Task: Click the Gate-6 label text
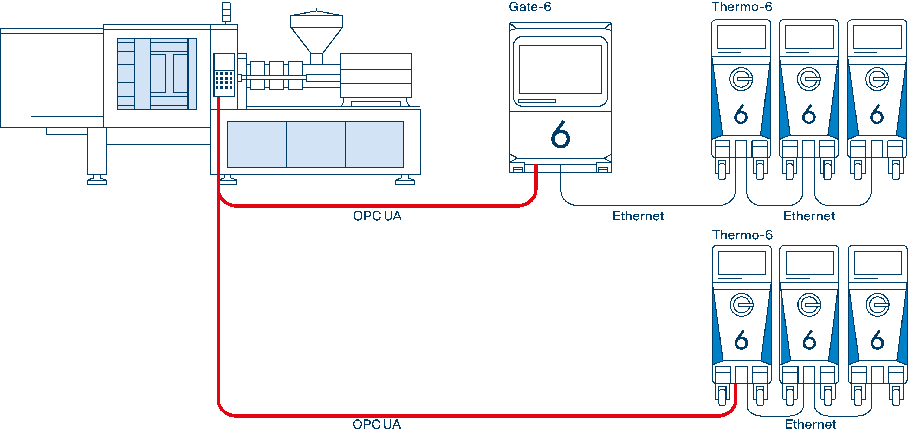(530, 7)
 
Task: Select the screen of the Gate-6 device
(560, 69)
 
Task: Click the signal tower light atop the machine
(226, 12)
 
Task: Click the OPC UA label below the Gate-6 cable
(377, 216)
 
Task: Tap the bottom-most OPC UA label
(377, 424)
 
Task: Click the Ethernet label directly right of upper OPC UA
(638, 216)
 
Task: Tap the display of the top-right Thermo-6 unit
(877, 37)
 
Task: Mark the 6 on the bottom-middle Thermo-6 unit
(809, 340)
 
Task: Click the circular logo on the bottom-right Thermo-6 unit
(877, 305)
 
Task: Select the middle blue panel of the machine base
(315, 144)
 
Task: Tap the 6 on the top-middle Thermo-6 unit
(809, 114)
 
